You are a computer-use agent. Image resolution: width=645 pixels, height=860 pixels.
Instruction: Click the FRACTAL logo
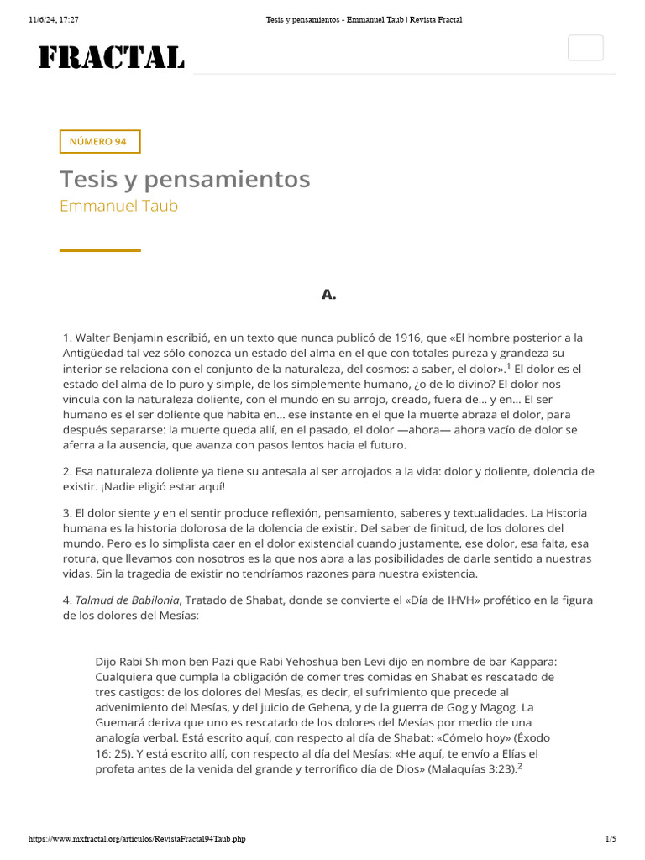pos(112,57)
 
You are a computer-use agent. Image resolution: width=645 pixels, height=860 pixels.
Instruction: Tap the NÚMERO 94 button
pos(100,142)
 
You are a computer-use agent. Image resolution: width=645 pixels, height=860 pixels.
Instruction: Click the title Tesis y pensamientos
pos(185,179)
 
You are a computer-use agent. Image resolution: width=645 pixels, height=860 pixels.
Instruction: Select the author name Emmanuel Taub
pos(118,206)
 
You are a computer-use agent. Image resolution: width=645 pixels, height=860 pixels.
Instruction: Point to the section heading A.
pos(328,294)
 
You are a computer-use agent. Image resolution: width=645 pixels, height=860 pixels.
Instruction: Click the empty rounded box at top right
pos(585,48)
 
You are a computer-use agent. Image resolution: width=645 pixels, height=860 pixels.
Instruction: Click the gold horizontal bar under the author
pos(100,250)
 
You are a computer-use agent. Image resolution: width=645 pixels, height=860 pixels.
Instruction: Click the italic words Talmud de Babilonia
pos(128,600)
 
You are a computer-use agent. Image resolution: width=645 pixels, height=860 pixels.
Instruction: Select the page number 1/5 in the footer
pos(611,838)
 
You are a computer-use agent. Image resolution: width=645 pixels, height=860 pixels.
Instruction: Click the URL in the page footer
pos(137,838)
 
